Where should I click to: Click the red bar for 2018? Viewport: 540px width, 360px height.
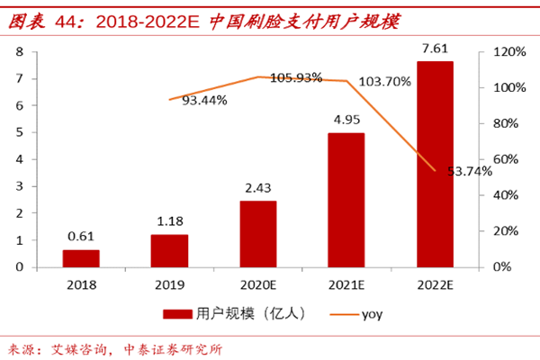(x=80, y=258)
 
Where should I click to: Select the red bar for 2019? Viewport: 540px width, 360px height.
(x=169, y=250)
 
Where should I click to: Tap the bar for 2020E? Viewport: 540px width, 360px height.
(x=257, y=234)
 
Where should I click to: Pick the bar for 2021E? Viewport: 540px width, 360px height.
(x=346, y=200)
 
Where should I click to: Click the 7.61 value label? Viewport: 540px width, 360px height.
(x=435, y=48)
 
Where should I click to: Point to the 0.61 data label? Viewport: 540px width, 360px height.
(x=80, y=237)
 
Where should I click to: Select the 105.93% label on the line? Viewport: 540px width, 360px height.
(x=296, y=77)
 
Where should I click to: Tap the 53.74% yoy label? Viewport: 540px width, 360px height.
(x=473, y=171)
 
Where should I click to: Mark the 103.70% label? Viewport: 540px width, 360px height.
(x=384, y=81)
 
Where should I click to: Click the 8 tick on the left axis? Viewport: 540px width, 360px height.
(x=19, y=52)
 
